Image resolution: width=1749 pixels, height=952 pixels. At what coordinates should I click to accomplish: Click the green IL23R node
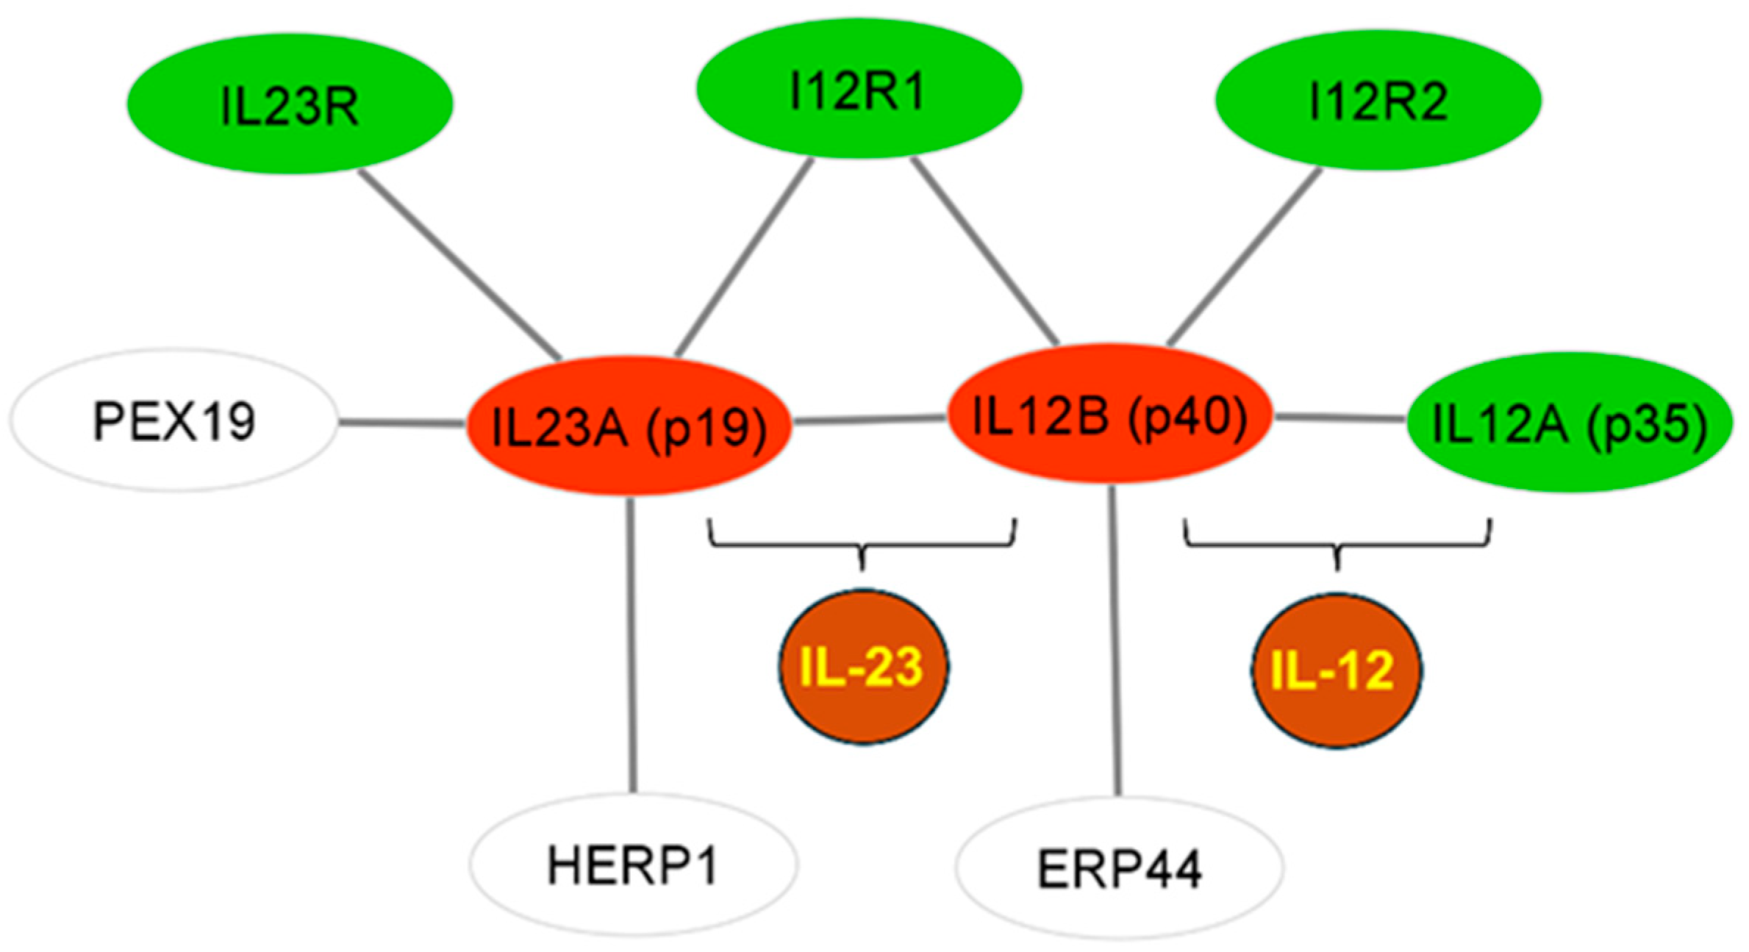point(290,104)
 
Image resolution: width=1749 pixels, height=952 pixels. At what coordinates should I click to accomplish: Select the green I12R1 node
point(859,89)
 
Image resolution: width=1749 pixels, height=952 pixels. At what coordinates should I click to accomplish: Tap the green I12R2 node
point(1378,101)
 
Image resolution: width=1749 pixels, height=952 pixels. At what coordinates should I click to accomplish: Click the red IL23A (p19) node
point(629,426)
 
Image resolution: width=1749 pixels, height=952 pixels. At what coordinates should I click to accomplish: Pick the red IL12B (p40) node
point(1109,414)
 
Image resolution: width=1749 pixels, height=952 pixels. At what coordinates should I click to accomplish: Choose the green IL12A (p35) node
point(1569,423)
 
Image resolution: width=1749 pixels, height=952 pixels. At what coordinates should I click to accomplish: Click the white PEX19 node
point(174,420)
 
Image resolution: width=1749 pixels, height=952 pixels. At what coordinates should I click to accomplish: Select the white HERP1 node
point(633,865)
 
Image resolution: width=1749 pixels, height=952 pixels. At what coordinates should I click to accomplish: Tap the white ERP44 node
point(1119,867)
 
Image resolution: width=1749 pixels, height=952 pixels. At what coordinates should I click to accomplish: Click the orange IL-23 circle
point(862,667)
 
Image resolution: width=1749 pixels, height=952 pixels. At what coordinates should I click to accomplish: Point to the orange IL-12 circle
point(1336,670)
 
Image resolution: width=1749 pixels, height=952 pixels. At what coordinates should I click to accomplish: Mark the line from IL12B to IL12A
point(1340,418)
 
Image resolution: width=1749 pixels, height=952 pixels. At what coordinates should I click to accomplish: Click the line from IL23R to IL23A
point(460,265)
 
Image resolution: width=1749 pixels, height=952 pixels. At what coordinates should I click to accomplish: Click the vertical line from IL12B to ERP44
point(1115,640)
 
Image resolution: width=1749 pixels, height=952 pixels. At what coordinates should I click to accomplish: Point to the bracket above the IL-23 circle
point(862,545)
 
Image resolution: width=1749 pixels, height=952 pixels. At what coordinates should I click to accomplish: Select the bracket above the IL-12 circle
point(1337,545)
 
